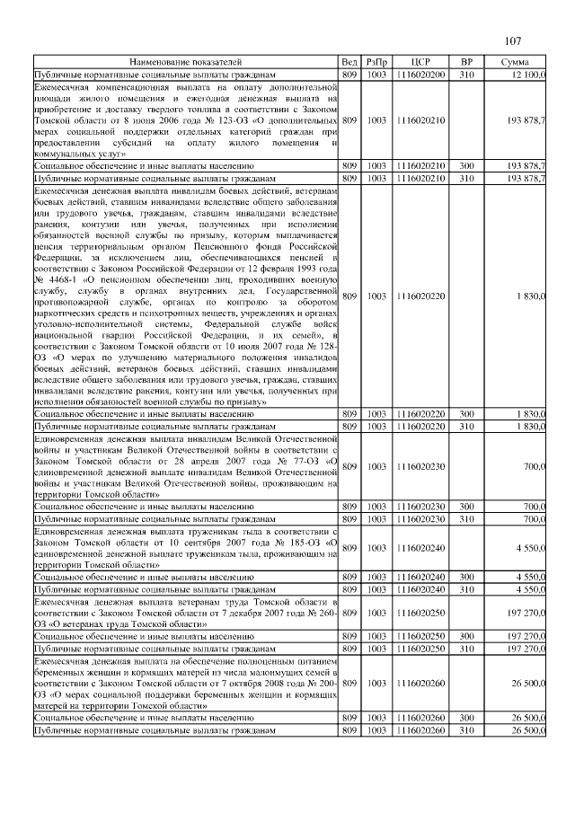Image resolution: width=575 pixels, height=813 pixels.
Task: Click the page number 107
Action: (x=514, y=41)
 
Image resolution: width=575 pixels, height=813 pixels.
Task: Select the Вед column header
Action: (x=349, y=61)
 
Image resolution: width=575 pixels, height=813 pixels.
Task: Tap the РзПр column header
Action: (x=376, y=61)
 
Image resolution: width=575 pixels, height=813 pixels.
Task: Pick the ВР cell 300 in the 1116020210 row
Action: (x=466, y=166)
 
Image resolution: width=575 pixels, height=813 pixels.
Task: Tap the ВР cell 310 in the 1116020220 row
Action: (x=466, y=426)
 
